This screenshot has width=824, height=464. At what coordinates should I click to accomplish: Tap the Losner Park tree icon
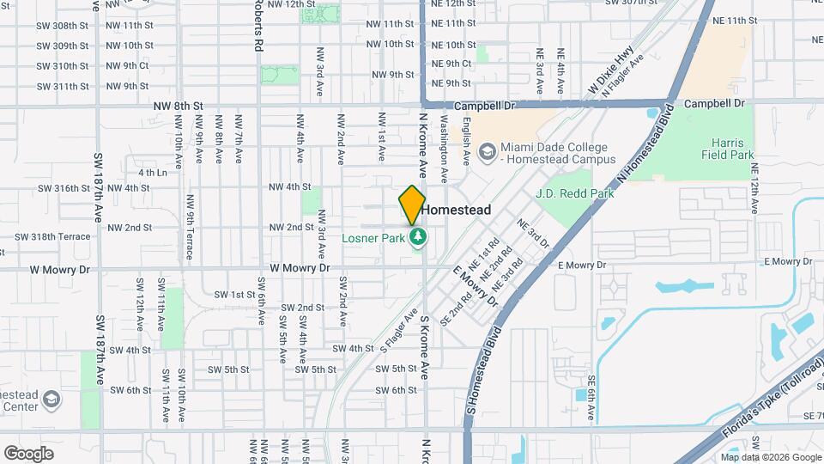[418, 236]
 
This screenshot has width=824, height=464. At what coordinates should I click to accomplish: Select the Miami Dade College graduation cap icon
[488, 153]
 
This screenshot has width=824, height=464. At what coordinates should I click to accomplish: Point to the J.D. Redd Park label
[574, 193]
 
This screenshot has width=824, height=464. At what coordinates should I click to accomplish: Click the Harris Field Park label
[731, 149]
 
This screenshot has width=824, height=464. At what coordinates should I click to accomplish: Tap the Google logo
[29, 453]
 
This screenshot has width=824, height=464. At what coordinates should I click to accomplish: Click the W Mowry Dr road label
[300, 268]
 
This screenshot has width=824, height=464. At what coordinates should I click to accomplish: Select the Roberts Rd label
[257, 27]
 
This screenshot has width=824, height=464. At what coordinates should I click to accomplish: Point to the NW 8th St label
[178, 106]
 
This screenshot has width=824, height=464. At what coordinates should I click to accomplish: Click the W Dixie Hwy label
[604, 76]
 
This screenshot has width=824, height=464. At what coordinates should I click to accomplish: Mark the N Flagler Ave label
[625, 75]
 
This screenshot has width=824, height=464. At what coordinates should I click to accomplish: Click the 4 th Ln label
[151, 173]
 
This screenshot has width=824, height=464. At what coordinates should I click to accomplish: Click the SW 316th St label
[64, 188]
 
